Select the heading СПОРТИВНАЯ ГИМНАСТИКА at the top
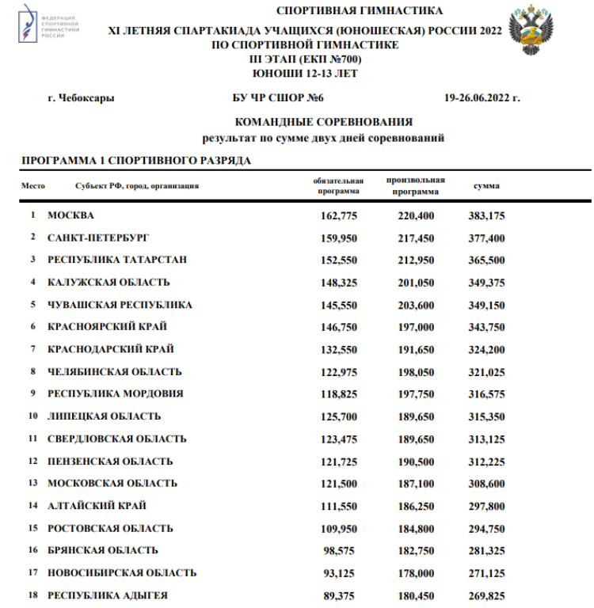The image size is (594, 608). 360,10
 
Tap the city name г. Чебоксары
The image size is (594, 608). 80,99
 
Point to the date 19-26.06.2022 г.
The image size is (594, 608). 482,99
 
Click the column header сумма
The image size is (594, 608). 486,186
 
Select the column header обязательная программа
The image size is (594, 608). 339,186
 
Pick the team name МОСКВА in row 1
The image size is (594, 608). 70,215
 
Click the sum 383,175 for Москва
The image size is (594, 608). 486,215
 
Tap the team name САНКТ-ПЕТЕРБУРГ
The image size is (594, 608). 98,237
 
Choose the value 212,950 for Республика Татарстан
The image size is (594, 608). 416,260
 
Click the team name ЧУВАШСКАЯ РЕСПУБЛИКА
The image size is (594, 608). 120,305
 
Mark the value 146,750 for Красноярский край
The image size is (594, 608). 339,327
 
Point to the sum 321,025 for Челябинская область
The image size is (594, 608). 486,371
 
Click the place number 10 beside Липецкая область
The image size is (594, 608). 33,416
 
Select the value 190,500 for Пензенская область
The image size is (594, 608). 416,461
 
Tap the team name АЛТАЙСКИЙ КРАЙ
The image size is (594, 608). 97,505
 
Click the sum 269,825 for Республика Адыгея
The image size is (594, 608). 486,595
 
